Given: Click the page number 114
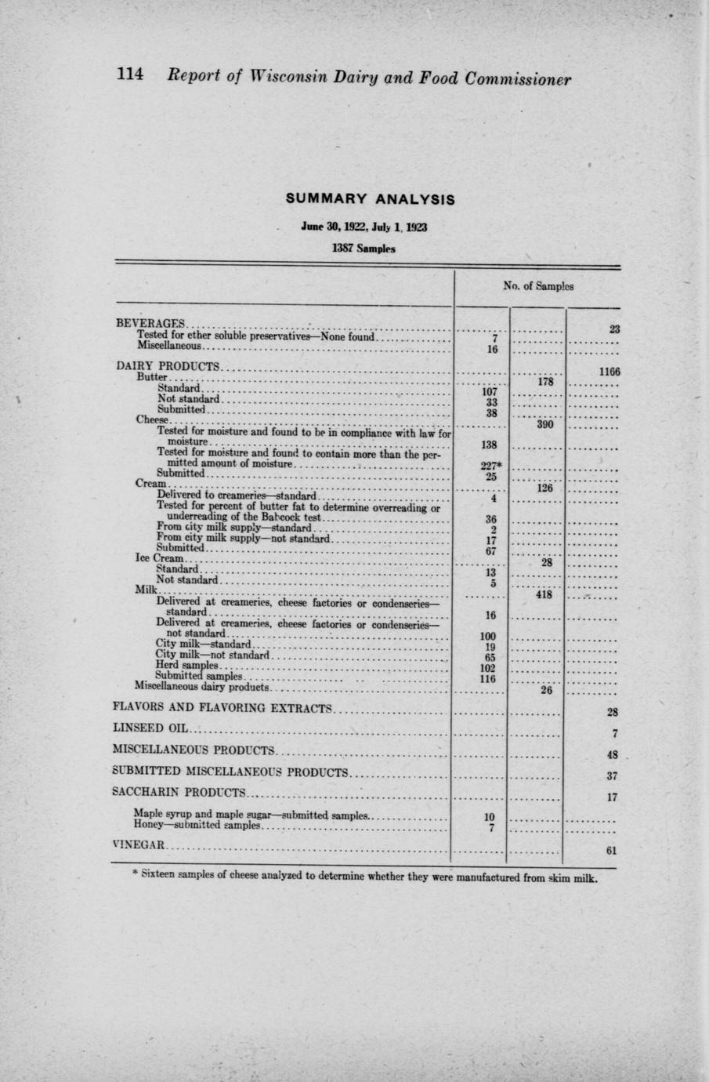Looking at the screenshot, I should (x=130, y=76).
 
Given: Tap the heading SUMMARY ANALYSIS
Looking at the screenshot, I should (x=371, y=199).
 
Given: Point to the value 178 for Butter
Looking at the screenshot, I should (x=537, y=383).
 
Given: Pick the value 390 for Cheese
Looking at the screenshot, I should (x=537, y=426).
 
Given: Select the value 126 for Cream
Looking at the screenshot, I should (x=537, y=488).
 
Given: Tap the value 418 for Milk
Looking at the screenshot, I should (x=537, y=596).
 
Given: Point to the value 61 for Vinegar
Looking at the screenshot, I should (x=612, y=851).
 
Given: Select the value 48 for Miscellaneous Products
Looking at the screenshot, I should (x=612, y=755).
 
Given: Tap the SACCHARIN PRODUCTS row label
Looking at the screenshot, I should (x=179, y=792).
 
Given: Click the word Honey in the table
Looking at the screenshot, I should (x=147, y=826).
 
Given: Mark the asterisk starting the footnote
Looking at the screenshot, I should (x=136, y=875).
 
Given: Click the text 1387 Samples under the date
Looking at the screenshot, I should (x=364, y=249).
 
